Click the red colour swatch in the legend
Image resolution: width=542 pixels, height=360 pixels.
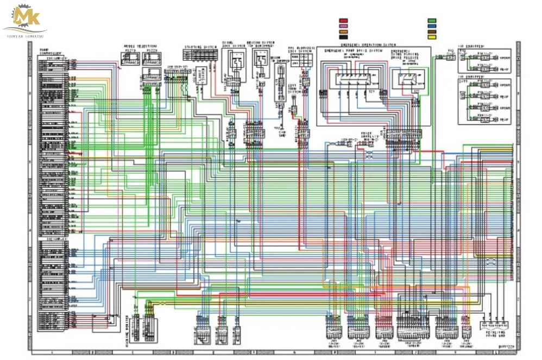click(x=343, y=21)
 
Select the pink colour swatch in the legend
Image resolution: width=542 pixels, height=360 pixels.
click(x=343, y=26)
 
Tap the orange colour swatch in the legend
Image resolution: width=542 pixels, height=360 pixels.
click(x=343, y=31)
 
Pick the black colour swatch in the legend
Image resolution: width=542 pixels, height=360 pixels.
click(x=343, y=37)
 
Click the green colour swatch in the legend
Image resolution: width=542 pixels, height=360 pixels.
click(x=432, y=21)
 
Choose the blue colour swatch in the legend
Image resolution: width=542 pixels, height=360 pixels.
click(x=432, y=26)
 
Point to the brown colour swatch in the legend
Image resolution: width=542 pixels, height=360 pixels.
click(x=432, y=31)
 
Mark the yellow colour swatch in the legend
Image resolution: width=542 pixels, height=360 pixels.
click(x=432, y=37)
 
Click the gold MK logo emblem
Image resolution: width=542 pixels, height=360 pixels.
click(x=26, y=16)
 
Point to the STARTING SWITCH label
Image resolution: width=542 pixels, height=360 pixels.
click(x=200, y=47)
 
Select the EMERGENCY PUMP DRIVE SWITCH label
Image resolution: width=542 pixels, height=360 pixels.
click(x=347, y=51)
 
